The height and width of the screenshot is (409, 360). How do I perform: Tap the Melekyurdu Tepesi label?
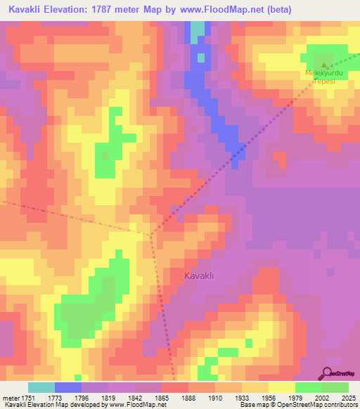click(324, 77)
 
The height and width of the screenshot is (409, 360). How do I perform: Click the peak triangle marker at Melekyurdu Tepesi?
click(324, 66)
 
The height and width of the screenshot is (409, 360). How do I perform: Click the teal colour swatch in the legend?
click(41, 387)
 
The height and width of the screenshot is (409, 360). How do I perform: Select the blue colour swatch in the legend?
click(68, 387)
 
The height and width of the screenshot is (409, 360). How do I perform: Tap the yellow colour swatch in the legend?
click(282, 387)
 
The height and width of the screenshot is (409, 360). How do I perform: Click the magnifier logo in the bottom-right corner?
click(328, 373)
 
